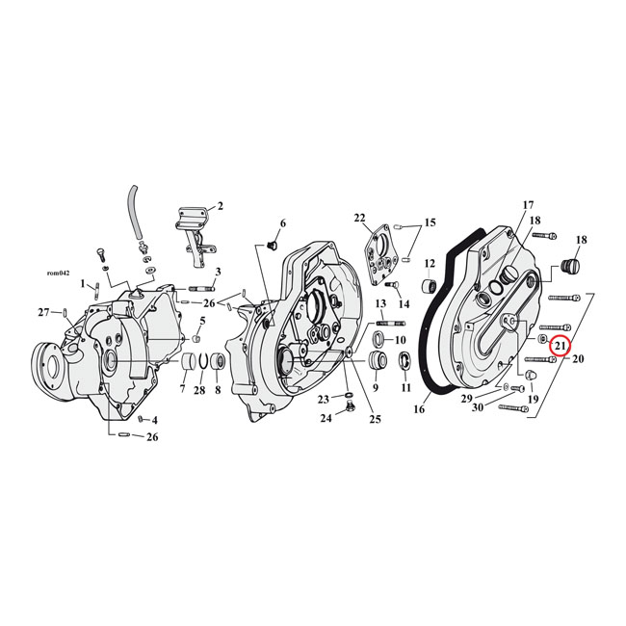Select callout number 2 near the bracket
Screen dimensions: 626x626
click(x=220, y=205)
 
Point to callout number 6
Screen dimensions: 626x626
click(x=283, y=223)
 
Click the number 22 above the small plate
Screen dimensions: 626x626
click(x=359, y=217)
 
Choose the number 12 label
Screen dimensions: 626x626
click(x=430, y=263)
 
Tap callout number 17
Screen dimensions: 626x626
click(x=528, y=205)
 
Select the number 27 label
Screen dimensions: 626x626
click(x=42, y=311)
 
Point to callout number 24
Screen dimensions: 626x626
click(x=326, y=417)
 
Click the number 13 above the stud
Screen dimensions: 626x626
click(x=381, y=303)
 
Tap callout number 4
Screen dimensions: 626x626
click(x=154, y=420)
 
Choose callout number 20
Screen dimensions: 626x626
click(x=579, y=359)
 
